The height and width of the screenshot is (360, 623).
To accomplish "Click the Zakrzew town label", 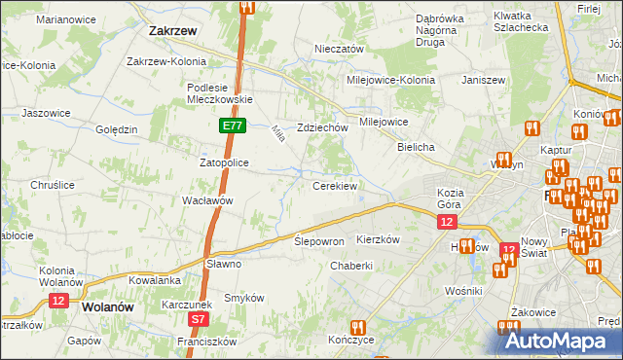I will pos(173,30).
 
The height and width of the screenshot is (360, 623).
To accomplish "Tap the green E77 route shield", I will pos(232,126).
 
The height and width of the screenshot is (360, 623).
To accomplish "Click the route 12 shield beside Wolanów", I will pos(58,302).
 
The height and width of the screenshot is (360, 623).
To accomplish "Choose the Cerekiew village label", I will pos(335,185).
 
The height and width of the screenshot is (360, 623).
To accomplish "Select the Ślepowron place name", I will pos(319,241).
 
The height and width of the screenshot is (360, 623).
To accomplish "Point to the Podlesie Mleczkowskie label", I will pos(220,92).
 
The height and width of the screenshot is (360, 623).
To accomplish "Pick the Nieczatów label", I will pos(339,49).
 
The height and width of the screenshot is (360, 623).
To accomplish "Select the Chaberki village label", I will pos(351,266).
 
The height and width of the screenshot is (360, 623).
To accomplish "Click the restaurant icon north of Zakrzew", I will pos(246,8).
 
